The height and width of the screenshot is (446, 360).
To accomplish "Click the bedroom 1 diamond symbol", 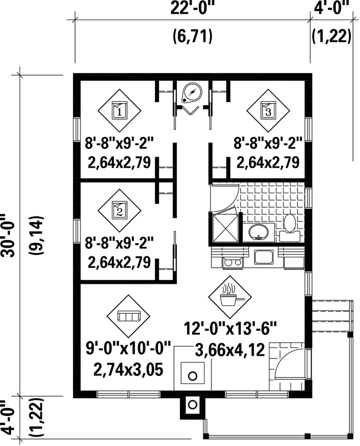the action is click(119, 111).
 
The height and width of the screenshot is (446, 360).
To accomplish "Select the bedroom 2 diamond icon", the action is click(119, 211).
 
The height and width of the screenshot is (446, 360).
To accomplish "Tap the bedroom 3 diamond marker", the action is click(268, 111).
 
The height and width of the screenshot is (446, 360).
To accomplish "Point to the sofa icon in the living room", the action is click(128, 316).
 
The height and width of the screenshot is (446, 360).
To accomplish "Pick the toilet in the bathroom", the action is click(289, 228).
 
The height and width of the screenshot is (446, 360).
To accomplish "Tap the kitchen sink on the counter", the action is click(264, 256).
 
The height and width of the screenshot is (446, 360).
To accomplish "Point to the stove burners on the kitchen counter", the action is click(233, 262).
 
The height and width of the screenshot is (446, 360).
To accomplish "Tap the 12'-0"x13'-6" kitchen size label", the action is click(230, 328).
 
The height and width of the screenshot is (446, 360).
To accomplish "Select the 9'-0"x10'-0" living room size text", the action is click(128, 348).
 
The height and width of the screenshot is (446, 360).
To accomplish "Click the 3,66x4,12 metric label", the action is click(230, 350).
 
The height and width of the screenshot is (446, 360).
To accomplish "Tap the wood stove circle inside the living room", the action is click(193, 376).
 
